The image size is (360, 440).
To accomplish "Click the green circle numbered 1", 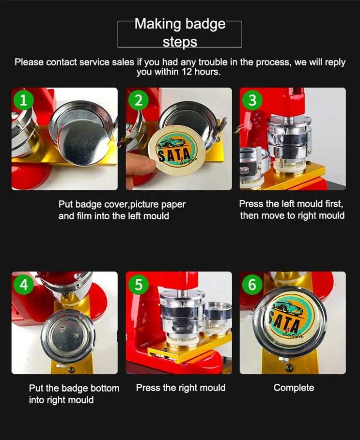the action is click(24, 100).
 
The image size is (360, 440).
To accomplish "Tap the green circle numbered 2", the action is click(138, 100).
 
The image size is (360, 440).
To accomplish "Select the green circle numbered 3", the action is click(252, 100).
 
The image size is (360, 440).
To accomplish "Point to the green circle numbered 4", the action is click(24, 284).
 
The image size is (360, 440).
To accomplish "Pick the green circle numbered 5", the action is click(138, 284).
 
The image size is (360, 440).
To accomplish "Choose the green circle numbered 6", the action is click(252, 284).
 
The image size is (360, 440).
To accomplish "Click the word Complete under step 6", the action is click(294, 388).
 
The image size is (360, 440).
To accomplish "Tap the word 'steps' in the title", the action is click(180, 42).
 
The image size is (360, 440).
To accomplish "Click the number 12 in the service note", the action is click(187, 72).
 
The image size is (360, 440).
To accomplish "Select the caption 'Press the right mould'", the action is click(181, 388).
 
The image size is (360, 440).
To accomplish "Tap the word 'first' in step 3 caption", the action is click(334, 204).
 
